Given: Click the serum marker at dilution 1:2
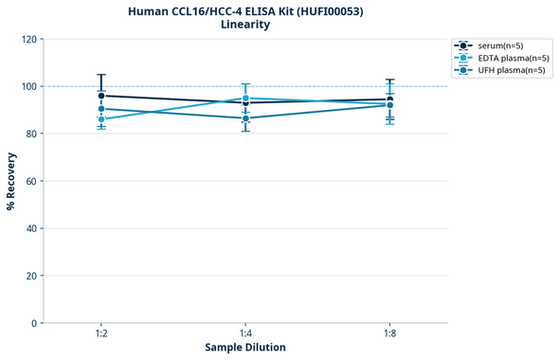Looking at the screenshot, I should click(101, 96).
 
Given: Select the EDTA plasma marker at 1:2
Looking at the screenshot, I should click(101, 119).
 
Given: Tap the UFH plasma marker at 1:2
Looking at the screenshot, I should click(101, 109).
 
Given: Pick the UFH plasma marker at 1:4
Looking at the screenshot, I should click(245, 118).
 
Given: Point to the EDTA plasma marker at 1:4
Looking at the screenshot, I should click(245, 99).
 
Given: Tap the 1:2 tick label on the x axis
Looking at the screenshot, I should click(101, 333).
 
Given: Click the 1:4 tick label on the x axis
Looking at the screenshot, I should click(245, 333).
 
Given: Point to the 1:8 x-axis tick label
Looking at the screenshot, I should click(389, 333).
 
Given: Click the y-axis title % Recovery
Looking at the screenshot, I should click(11, 181).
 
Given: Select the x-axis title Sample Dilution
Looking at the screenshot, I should click(245, 348).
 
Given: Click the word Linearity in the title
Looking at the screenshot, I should click(245, 25).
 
